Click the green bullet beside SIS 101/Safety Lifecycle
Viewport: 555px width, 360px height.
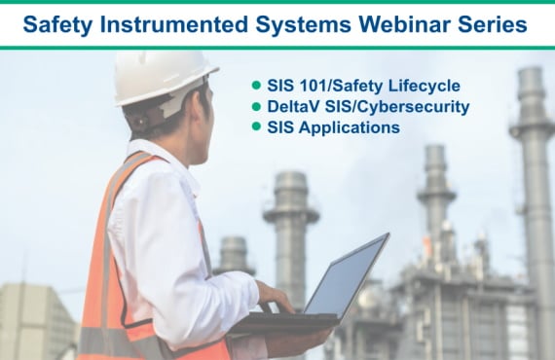tap(256, 85)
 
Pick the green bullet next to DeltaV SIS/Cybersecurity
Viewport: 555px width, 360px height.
tap(256, 106)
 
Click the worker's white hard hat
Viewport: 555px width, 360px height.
tap(164, 75)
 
